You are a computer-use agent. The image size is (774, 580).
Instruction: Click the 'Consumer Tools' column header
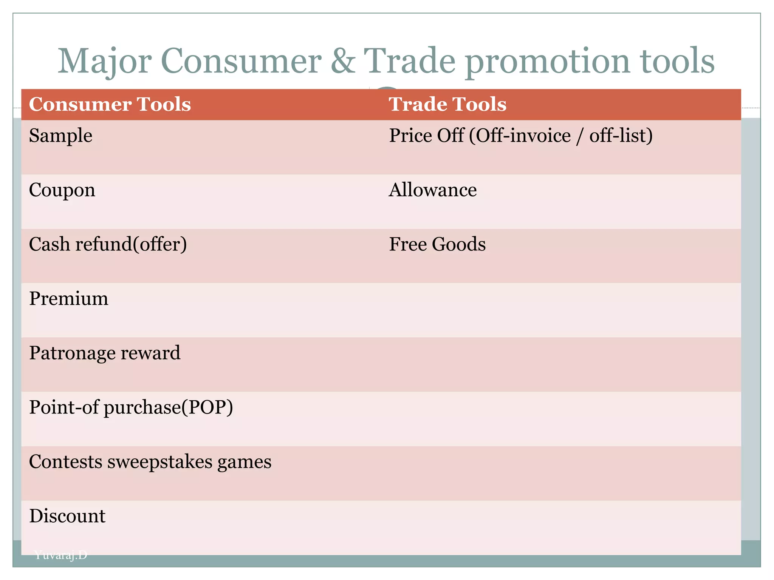110,104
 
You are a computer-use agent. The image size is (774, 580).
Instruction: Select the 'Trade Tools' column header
447,104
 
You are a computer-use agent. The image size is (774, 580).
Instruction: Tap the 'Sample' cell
60,136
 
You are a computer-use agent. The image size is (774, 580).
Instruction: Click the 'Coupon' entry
62,190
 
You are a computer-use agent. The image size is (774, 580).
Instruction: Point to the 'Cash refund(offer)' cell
108,244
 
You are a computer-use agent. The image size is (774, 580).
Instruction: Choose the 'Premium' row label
68,299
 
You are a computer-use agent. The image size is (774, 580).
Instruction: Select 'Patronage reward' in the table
105,353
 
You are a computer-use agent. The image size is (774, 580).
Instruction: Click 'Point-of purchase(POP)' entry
131,407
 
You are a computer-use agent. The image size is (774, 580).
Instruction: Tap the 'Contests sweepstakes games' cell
150,462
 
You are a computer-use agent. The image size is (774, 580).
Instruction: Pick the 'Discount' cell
67,516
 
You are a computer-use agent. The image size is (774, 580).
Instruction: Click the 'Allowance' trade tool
433,190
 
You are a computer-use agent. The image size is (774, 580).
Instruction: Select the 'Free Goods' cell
437,244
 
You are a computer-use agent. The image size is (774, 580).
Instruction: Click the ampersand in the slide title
343,61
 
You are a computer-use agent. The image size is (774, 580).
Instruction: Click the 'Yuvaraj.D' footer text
60,555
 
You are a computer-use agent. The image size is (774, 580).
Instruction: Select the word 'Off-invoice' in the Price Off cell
523,136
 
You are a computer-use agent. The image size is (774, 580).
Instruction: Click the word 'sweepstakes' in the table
160,462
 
